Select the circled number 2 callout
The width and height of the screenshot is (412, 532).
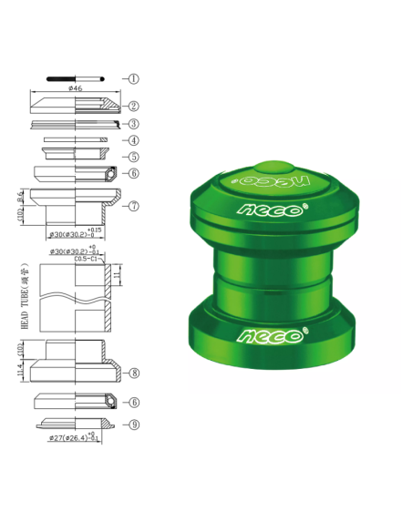[133, 106]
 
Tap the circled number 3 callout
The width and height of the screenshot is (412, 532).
[133, 124]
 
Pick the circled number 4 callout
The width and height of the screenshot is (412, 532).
[133, 140]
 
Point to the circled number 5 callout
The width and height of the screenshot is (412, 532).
[133, 157]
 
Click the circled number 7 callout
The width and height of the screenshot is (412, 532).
[134, 206]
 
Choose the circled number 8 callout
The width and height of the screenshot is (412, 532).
[134, 373]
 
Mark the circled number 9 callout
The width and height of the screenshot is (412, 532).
[134, 424]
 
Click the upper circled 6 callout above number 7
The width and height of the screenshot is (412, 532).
[133, 173]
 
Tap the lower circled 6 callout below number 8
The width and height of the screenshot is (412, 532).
[134, 402]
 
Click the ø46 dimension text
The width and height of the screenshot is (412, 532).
[77, 88]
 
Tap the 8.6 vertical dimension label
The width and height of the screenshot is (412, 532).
[19, 197]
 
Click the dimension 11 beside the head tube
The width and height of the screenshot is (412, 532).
[118, 272]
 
